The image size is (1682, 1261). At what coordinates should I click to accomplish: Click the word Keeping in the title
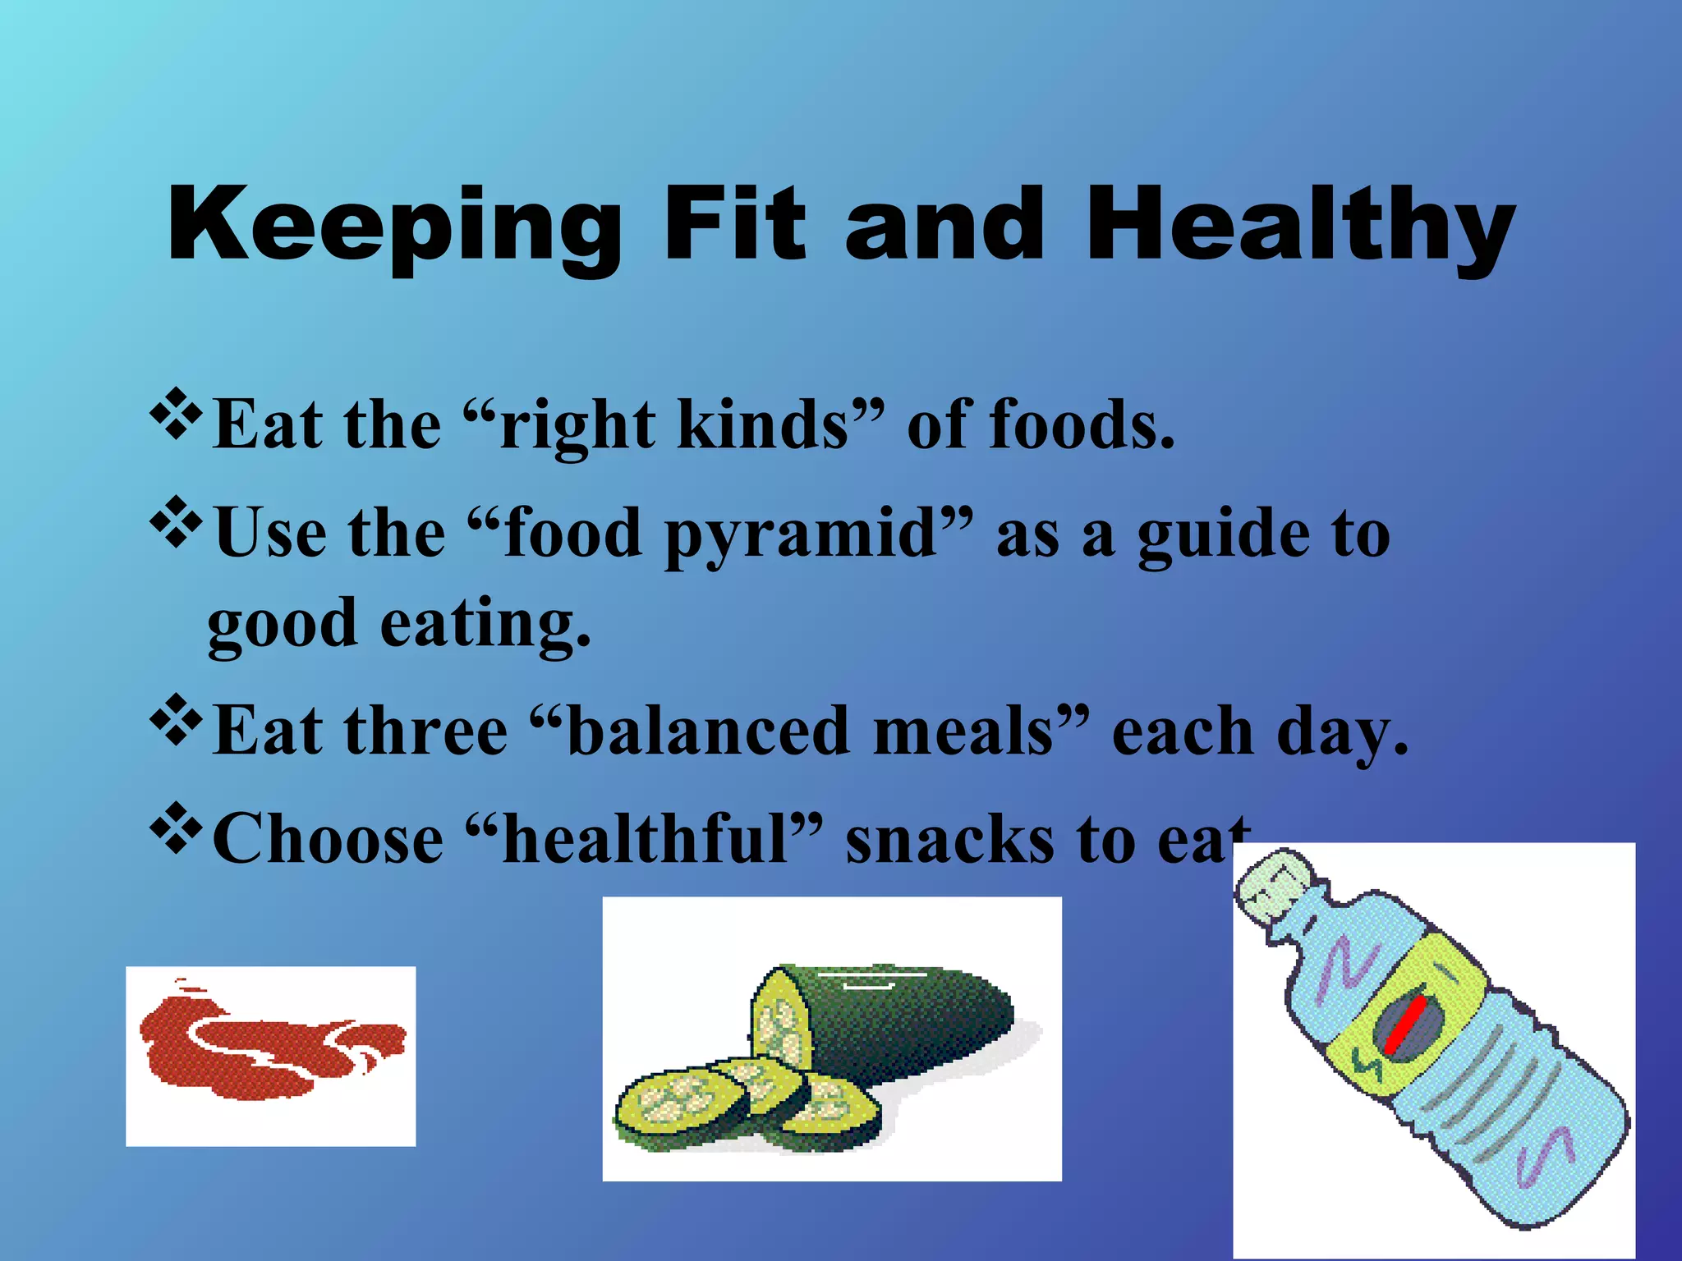394,226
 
